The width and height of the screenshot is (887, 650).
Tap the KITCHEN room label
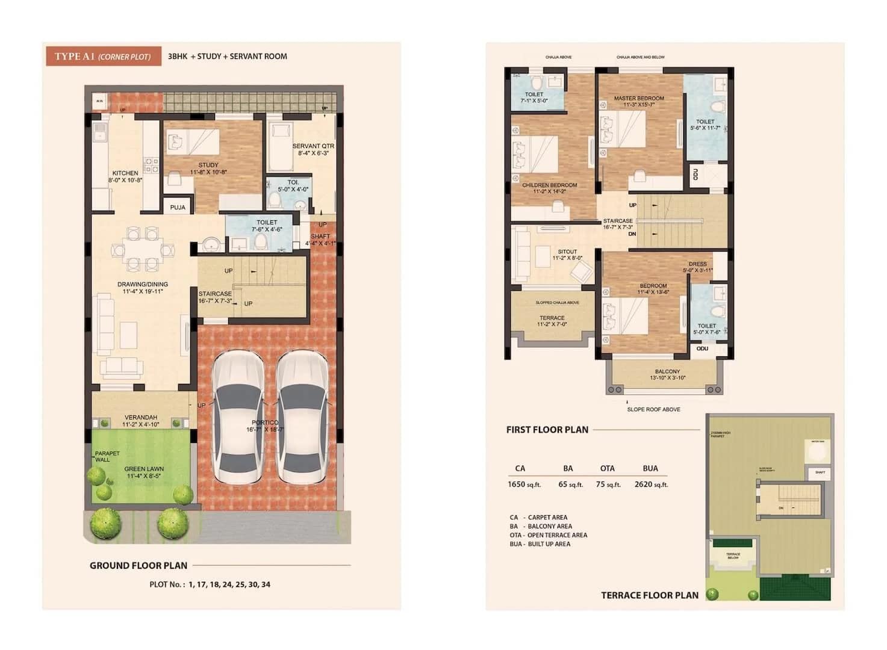click(x=125, y=173)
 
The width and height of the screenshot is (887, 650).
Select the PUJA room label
click(x=178, y=207)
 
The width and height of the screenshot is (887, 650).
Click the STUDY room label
click(x=208, y=165)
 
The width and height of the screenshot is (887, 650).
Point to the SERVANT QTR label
click(x=313, y=146)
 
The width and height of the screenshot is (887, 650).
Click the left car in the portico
click(x=237, y=416)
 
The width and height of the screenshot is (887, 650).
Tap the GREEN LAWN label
click(x=144, y=469)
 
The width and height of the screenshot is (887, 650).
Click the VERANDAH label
click(x=141, y=417)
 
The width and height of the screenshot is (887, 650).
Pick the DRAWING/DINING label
click(x=143, y=284)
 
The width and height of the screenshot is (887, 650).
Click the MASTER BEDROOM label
click(x=639, y=98)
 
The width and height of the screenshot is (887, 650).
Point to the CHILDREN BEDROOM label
click(x=549, y=185)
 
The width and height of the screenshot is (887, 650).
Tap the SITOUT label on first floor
click(x=567, y=252)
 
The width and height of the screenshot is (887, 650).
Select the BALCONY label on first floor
click(x=667, y=371)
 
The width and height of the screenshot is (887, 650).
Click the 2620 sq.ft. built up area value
click(x=651, y=484)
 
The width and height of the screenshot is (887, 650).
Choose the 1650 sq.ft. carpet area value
click(x=524, y=484)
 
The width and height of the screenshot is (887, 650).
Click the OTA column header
click(x=607, y=468)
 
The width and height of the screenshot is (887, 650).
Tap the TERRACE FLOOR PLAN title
click(x=650, y=595)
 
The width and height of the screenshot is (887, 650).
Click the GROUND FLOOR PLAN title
click(x=138, y=565)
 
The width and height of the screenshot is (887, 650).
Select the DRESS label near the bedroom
click(x=698, y=264)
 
